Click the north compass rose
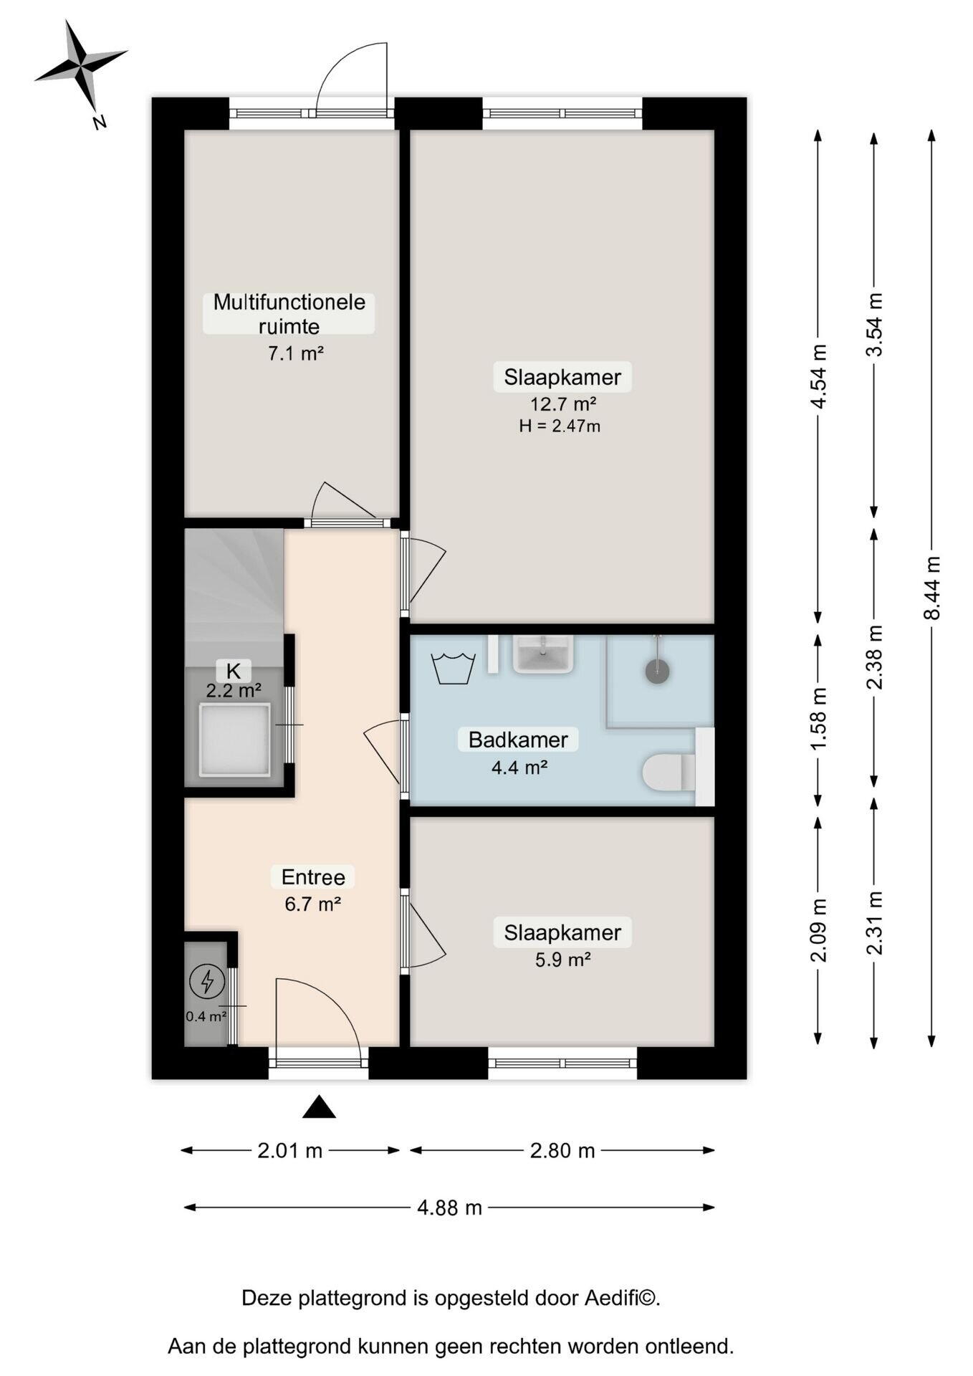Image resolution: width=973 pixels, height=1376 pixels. [81, 65]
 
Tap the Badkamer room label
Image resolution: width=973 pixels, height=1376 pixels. [518, 739]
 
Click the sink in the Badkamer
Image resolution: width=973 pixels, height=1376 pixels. [544, 654]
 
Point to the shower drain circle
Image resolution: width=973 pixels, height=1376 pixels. [657, 671]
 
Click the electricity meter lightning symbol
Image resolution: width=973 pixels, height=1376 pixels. [207, 981]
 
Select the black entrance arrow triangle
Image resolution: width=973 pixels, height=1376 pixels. [319, 1107]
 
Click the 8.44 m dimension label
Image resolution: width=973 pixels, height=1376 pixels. [931, 588]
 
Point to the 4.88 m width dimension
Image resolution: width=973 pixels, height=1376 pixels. [449, 1208]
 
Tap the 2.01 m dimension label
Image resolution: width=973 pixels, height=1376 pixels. [290, 1150]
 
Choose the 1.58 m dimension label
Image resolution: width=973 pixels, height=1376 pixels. [819, 719]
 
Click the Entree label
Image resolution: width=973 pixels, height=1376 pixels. [313, 876]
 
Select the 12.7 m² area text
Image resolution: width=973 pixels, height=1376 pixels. [563, 403]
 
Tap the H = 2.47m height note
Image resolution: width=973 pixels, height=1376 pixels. [560, 426]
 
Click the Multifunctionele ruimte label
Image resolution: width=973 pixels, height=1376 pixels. [289, 314]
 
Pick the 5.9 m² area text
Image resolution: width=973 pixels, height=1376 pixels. [563, 960]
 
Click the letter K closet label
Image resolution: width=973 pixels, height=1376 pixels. [234, 672]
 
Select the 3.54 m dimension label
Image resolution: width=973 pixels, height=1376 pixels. [875, 325]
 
